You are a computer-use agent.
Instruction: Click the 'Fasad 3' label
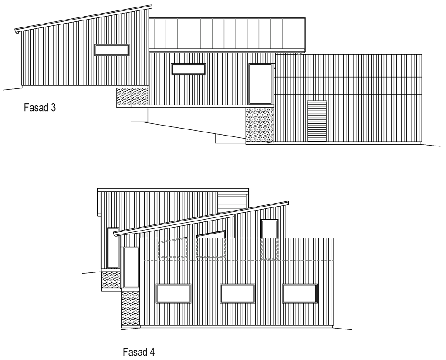click(40, 108)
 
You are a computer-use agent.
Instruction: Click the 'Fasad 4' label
click(139, 352)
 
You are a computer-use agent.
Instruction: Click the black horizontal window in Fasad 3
click(188, 69)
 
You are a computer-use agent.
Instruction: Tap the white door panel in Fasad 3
click(260, 84)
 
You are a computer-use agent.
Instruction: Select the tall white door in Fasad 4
click(131, 267)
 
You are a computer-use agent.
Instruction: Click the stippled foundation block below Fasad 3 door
click(259, 124)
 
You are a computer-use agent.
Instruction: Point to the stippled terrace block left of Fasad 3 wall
click(132, 96)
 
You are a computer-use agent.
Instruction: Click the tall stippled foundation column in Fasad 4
click(130, 308)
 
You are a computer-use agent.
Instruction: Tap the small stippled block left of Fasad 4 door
click(111, 279)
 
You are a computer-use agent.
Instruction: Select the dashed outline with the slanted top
click(172, 248)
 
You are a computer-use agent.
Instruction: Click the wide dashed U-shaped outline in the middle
click(211, 248)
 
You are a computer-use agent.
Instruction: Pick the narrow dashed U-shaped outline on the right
click(269, 249)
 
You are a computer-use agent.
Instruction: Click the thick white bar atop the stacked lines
click(233, 193)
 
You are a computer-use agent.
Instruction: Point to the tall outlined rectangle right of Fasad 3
click(317, 121)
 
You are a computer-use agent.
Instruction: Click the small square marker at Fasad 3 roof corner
click(299, 54)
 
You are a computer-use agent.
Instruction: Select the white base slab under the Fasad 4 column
click(131, 326)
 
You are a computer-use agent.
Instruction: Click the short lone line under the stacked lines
click(222, 212)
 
